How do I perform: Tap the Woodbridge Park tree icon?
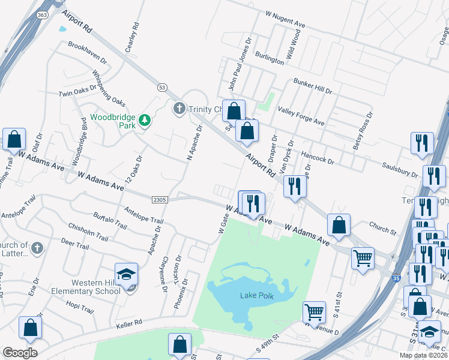coord(144,121)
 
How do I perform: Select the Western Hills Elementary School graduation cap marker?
coord(127,275)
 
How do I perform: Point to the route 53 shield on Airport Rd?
coord(162,87)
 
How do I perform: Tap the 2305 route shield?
coord(159,199)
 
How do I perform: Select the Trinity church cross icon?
coord(178,109)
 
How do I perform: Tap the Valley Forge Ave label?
coord(300,115)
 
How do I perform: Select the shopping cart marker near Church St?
coord(363,259)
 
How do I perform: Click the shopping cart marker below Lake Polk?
coord(314,312)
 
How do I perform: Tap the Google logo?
coord(20,353)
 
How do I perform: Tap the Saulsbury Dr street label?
coord(399,169)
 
